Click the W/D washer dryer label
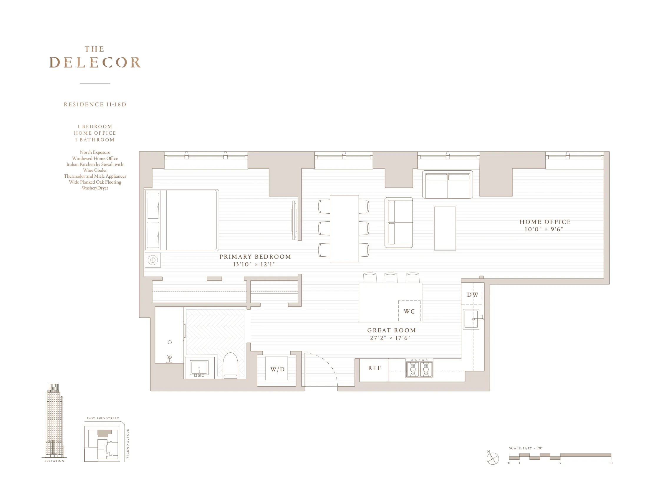pyautogui.click(x=277, y=369)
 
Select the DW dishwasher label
pyautogui.click(x=472, y=295)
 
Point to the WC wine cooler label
pyautogui.click(x=409, y=311)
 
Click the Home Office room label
pyautogui.click(x=545, y=222)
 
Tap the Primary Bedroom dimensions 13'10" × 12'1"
pyautogui.click(x=254, y=264)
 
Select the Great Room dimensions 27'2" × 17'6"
pyautogui.click(x=390, y=338)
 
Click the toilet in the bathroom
pyautogui.click(x=231, y=366)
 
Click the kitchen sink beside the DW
pyautogui.click(x=471, y=319)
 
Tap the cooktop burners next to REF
pyautogui.click(x=419, y=369)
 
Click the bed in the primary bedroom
pyautogui.click(x=182, y=220)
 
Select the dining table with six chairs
pyautogui.click(x=344, y=228)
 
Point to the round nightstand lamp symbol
pyautogui.click(x=153, y=260)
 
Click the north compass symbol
pyautogui.click(x=493, y=458)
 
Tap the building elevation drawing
pyautogui.click(x=54, y=421)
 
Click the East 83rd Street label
pyautogui.click(x=103, y=418)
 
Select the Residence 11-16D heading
pyautogui.click(x=95, y=105)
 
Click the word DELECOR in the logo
pyautogui.click(x=95, y=62)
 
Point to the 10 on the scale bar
pyautogui.click(x=611, y=463)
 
